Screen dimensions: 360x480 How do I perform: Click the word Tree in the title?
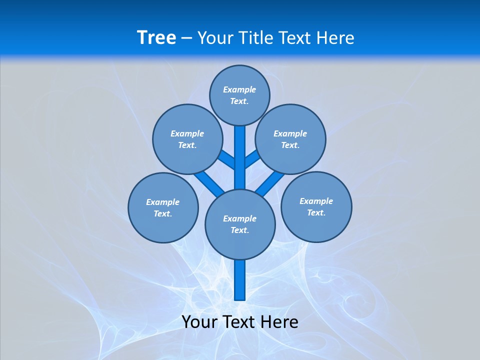156,37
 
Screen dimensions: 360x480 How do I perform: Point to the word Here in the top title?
335,38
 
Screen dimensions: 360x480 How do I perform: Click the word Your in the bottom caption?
199,322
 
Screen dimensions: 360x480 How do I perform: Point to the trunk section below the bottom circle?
240,280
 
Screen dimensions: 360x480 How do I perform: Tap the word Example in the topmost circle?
239,89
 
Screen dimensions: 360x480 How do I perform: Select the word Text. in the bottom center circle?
239,230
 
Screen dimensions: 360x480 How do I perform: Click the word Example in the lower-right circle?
316,201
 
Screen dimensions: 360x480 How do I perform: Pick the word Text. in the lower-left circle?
163,214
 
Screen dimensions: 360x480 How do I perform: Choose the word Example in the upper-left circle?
187,133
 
